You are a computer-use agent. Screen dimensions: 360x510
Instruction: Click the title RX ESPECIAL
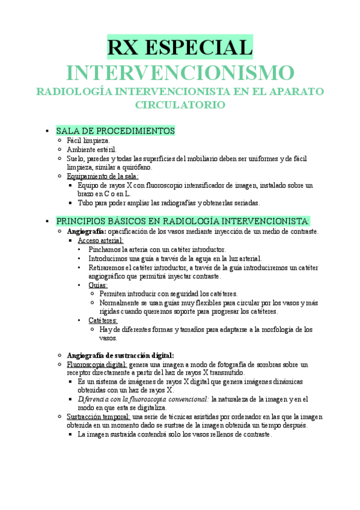[x=180, y=48]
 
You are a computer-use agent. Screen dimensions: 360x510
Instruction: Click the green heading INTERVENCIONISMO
[x=180, y=73]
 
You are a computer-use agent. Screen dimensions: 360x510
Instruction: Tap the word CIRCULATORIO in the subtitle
[x=180, y=105]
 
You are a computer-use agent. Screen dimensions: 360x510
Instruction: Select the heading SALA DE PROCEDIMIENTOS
[x=115, y=131]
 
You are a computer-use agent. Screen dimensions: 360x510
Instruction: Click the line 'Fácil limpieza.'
[x=88, y=140]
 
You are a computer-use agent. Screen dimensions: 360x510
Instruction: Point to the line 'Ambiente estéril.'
[x=92, y=149]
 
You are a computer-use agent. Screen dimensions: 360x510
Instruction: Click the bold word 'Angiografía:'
[x=87, y=231]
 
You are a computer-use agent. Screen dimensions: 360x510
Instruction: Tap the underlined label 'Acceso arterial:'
[x=100, y=240]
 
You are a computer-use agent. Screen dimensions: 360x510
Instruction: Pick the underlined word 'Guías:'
[x=98, y=285]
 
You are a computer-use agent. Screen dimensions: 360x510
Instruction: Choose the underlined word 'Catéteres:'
[x=103, y=321]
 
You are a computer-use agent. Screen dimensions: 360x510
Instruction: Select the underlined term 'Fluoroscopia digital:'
[x=97, y=364]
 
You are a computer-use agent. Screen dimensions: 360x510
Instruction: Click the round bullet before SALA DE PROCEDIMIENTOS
[x=46, y=131]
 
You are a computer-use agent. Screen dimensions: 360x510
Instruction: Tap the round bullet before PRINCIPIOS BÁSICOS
[x=46, y=222]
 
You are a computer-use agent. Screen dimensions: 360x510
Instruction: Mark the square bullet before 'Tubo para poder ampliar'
[x=70, y=203]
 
